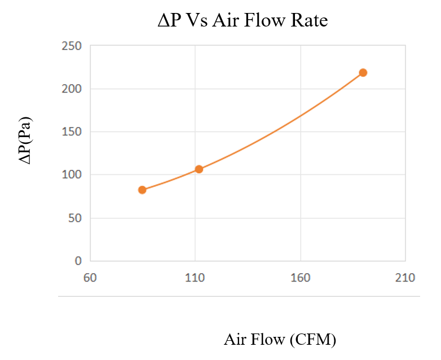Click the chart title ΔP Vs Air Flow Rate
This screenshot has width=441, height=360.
pyautogui.click(x=242, y=21)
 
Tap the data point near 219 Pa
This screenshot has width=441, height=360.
pyautogui.click(x=363, y=72)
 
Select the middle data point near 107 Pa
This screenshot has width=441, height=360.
pyautogui.click(x=199, y=169)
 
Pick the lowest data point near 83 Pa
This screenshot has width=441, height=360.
pyautogui.click(x=142, y=190)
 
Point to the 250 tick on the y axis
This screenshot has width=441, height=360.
pyautogui.click(x=71, y=46)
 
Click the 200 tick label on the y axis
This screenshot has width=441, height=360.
pyautogui.click(x=71, y=89)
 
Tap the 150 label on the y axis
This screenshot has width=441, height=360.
pyautogui.click(x=71, y=131)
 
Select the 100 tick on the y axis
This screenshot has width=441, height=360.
pyautogui.click(x=71, y=175)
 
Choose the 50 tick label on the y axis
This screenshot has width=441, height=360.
pyautogui.click(x=73, y=218)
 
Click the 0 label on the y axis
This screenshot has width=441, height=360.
pyautogui.click(x=78, y=261)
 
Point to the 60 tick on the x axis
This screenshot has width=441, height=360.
pyautogui.click(x=90, y=278)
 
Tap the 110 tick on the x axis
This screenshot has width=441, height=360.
pyautogui.click(x=195, y=278)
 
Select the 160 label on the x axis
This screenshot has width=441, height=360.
pyautogui.click(x=300, y=278)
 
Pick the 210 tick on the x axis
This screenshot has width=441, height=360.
pyautogui.click(x=405, y=278)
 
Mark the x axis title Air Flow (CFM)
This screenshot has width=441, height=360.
pyautogui.click(x=280, y=340)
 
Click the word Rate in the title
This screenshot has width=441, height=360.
pyautogui.click(x=309, y=21)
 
